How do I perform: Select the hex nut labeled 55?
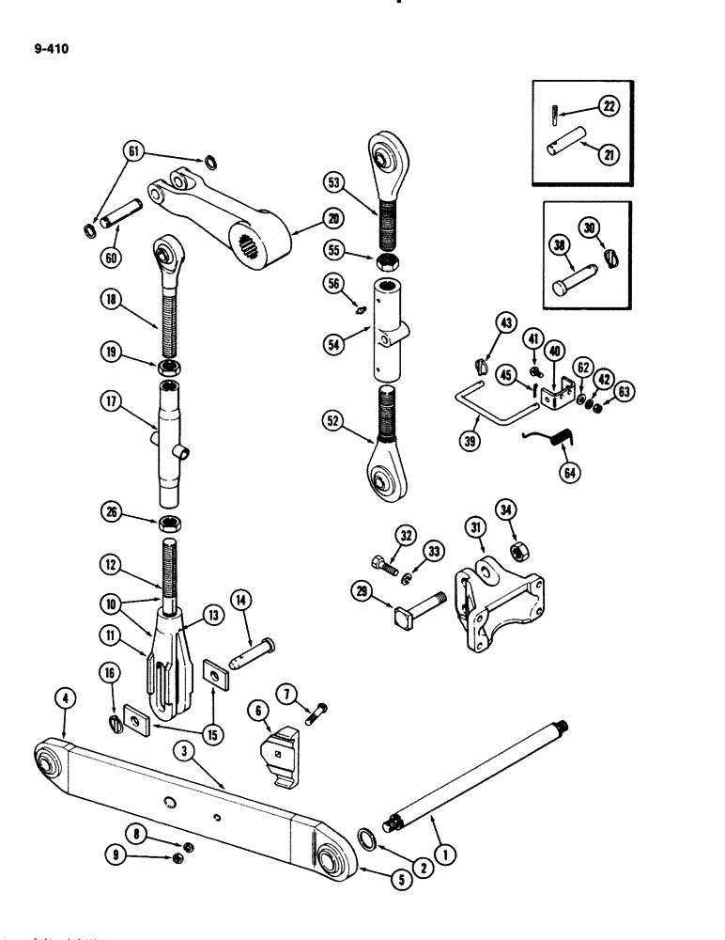click(x=388, y=258)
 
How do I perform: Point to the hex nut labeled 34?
click(x=515, y=550)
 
